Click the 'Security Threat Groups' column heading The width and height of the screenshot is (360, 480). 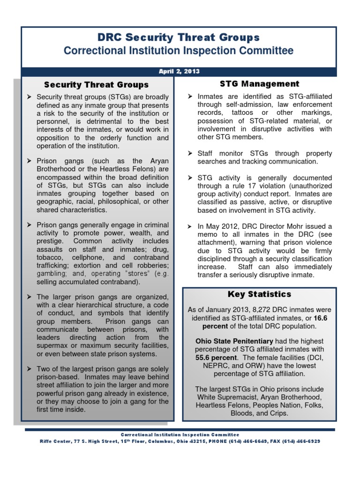pos(96,85)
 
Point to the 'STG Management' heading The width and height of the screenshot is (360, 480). pos(259,84)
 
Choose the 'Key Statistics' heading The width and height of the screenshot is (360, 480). pos(259,294)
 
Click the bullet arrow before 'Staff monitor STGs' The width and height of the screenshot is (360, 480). pos(190,154)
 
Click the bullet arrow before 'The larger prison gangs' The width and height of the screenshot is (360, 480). pos(30,297)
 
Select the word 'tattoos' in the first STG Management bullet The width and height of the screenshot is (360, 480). pos(244,113)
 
